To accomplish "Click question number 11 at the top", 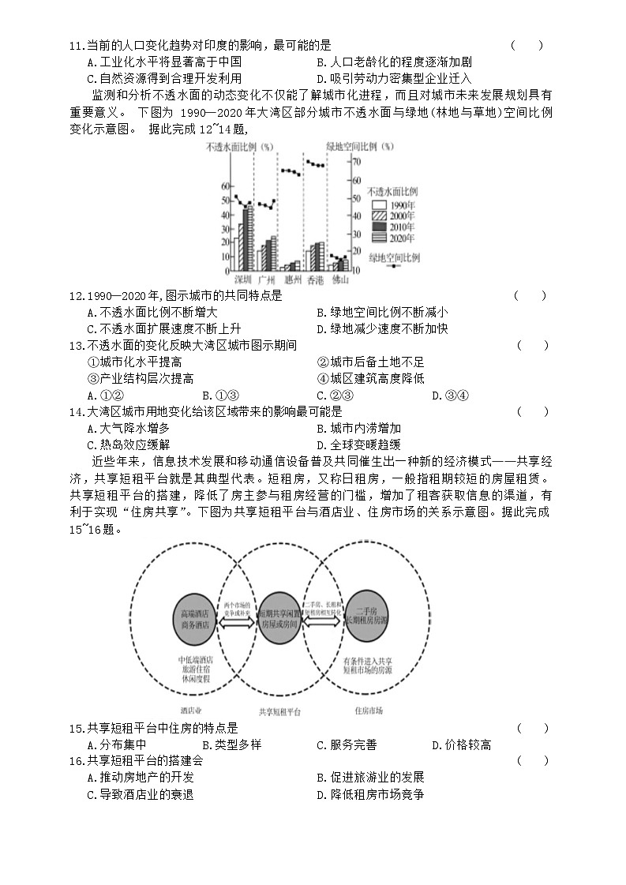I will (x=77, y=46).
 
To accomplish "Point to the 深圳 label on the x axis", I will (x=242, y=279).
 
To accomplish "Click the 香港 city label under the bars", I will (x=315, y=279).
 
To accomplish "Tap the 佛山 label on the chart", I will (x=339, y=279).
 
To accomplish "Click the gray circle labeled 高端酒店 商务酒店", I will (x=195, y=619).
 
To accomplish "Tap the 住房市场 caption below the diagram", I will (x=369, y=710).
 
